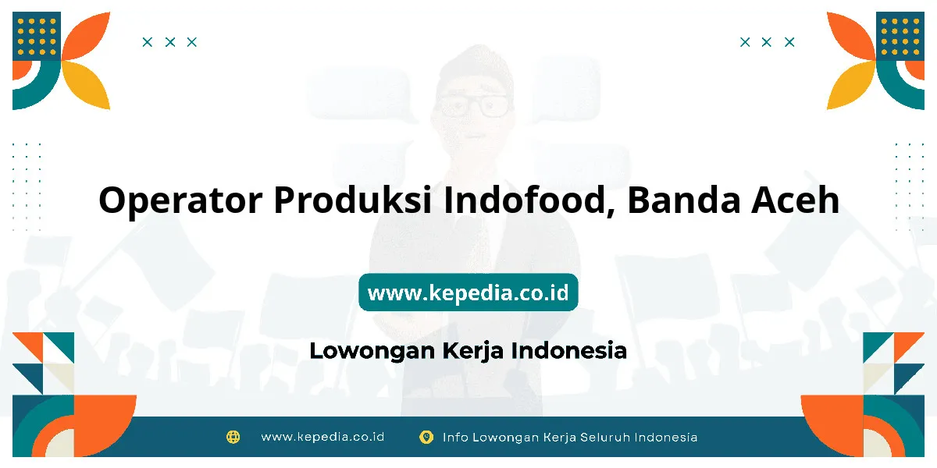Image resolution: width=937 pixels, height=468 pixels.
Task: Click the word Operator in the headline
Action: coord(180,201)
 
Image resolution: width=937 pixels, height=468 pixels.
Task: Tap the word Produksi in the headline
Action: coord(353,200)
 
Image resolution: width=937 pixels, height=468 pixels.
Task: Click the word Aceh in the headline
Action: coord(795,200)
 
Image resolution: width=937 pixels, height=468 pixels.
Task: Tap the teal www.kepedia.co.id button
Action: coord(468,292)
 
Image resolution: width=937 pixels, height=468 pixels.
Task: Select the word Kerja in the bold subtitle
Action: coord(472,351)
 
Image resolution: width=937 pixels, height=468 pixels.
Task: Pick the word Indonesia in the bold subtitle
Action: coord(569,350)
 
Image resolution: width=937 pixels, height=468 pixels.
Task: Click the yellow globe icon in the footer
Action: coord(233,437)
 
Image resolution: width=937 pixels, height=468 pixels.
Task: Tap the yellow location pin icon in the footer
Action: coord(426,437)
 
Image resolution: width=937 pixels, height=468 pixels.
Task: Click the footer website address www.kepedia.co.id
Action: coord(322,437)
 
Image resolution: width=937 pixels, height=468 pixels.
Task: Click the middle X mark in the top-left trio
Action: coord(170,42)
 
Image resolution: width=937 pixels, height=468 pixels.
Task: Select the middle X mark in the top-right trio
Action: coord(766,42)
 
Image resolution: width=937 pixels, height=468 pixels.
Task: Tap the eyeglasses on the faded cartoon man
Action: coord(474,105)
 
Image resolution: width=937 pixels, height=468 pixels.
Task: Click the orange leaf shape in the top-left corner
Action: coord(87,36)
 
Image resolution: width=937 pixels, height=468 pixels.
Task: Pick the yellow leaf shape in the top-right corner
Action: coord(850,85)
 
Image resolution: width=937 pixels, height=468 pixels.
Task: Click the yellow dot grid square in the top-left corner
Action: coord(37,36)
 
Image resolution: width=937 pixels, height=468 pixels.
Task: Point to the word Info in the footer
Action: coord(455,438)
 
